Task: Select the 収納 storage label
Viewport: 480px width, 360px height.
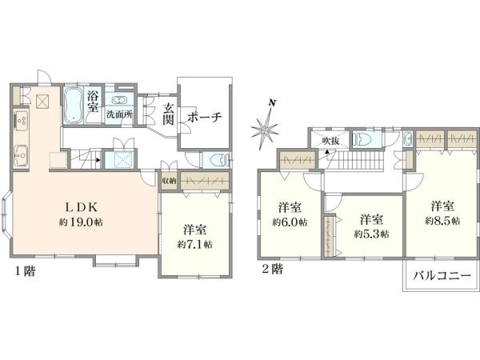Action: [168, 182]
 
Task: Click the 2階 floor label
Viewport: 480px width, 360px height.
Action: [272, 269]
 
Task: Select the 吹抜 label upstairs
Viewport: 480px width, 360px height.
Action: [331, 141]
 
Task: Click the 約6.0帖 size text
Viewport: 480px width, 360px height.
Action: [290, 222]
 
